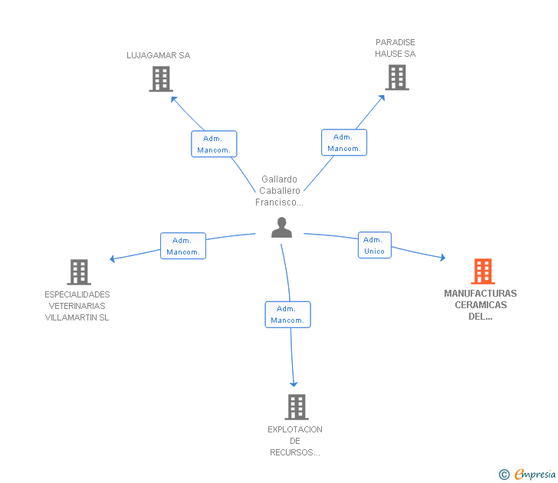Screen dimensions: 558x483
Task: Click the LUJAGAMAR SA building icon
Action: tap(161, 79)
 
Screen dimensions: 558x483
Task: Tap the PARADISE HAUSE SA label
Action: tap(395, 48)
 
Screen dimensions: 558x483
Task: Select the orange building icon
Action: tap(483, 271)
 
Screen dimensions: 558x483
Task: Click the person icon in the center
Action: tap(281, 228)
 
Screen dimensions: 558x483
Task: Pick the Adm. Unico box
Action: tap(374, 245)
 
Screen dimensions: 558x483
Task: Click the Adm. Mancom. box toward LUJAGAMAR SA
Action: tap(214, 144)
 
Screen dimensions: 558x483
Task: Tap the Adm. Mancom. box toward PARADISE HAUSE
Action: tap(344, 143)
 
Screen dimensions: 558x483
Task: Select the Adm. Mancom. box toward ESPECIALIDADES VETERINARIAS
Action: tap(183, 246)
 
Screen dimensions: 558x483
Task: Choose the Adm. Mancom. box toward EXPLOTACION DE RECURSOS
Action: tap(288, 314)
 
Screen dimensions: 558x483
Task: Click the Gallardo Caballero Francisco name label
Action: tap(279, 191)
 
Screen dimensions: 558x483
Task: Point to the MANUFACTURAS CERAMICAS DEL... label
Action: tap(481, 304)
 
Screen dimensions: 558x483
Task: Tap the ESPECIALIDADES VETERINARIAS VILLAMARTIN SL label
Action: tap(77, 306)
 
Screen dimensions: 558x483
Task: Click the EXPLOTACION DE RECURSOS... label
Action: tap(295, 441)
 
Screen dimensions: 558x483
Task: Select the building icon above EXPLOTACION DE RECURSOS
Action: tap(297, 407)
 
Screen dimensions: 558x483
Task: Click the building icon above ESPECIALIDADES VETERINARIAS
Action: tap(79, 272)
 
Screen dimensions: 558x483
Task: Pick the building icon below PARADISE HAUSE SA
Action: tap(397, 77)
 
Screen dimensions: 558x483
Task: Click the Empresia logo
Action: tap(527, 474)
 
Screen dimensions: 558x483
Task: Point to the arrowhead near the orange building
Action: tap(443, 258)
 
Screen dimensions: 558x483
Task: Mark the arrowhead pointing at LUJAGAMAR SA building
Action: tap(174, 99)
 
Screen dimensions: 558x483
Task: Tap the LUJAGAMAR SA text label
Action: tap(159, 55)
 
